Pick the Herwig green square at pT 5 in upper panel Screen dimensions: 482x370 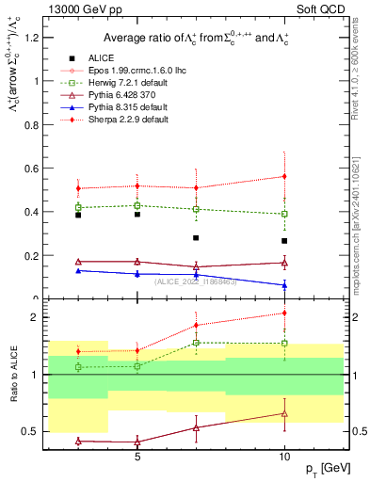pos(137,205)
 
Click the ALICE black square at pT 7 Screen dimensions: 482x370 pos(196,238)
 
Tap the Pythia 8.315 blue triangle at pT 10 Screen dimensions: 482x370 pos(283,284)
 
